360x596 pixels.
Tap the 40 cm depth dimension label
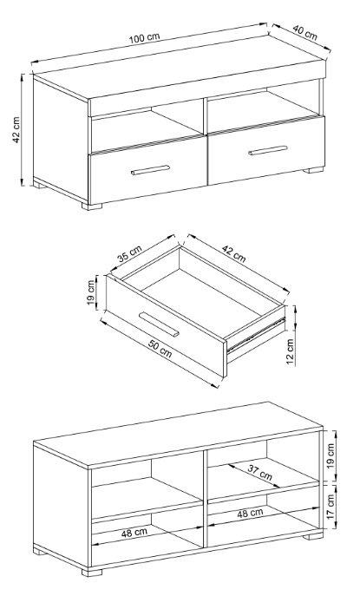point(304,32)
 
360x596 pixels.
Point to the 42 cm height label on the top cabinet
point(16,129)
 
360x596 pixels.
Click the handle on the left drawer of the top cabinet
point(151,170)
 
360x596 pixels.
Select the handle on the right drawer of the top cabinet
point(268,151)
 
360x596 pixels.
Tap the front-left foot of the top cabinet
point(92,206)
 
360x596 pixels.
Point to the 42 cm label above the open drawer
point(234,254)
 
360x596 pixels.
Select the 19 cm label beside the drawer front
point(91,292)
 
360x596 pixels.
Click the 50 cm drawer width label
point(160,350)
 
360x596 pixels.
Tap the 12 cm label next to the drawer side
point(291,352)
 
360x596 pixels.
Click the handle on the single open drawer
point(159,324)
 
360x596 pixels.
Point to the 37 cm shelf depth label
point(260,473)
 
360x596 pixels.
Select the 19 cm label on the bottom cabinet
point(331,455)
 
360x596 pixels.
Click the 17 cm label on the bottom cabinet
point(331,507)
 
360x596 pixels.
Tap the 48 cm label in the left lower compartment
point(134,533)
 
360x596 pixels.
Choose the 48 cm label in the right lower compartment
point(250,514)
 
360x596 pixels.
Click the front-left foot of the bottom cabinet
point(92,573)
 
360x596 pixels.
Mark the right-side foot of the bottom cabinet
point(313,536)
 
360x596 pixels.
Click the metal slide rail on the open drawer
point(256,335)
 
